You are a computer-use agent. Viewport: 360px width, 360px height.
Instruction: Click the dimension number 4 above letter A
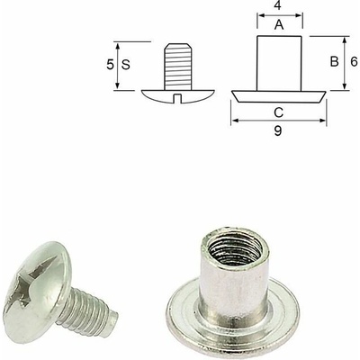click(279, 5)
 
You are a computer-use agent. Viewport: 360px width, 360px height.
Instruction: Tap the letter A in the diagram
click(279, 25)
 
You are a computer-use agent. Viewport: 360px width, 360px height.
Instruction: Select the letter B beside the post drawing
click(334, 62)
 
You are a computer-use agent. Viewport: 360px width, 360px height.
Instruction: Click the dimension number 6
click(354, 62)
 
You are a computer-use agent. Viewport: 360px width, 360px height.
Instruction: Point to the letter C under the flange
click(279, 112)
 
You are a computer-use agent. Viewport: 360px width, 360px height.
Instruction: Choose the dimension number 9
click(278, 130)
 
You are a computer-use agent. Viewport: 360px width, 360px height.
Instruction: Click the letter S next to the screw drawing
click(126, 65)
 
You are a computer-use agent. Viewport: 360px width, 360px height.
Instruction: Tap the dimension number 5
click(110, 65)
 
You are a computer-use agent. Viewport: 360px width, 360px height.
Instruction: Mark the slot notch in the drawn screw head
click(178, 98)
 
